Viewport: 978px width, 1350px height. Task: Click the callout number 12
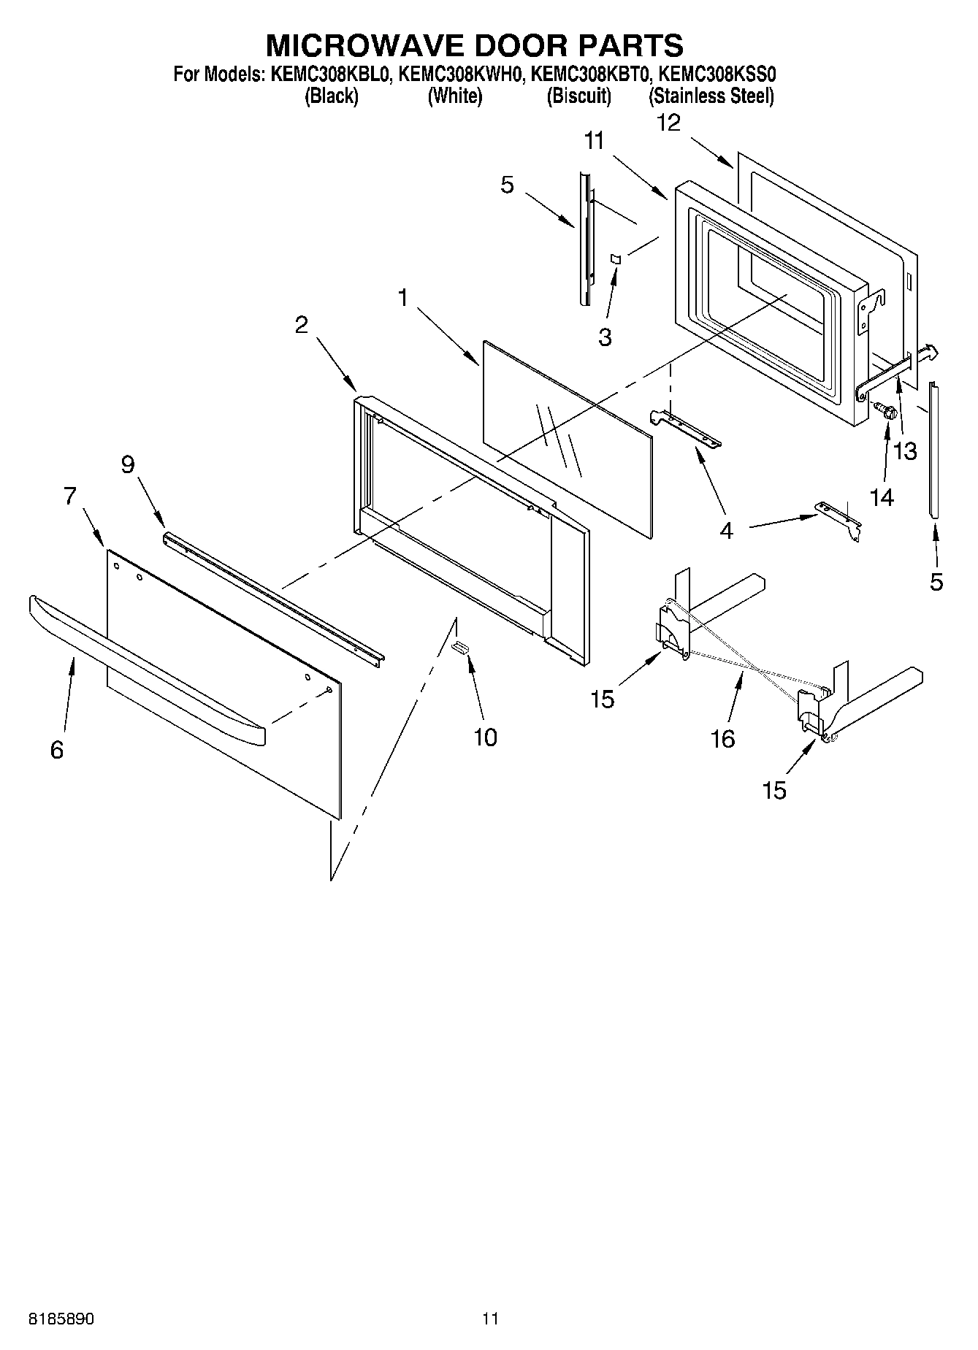pyautogui.click(x=668, y=123)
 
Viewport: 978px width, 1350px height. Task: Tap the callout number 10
pyautogui.click(x=485, y=737)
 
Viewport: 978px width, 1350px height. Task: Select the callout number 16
pyautogui.click(x=722, y=740)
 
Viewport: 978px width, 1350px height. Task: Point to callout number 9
pyautogui.click(x=128, y=464)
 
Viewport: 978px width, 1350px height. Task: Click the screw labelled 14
pyautogui.click(x=888, y=413)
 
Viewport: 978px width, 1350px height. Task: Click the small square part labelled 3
pyautogui.click(x=615, y=258)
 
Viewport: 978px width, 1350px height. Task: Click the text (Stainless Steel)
pyautogui.click(x=711, y=96)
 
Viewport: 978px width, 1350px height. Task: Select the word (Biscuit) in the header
pyautogui.click(x=578, y=96)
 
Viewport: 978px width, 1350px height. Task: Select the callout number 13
pyautogui.click(x=905, y=451)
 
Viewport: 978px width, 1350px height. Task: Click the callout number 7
pyautogui.click(x=69, y=496)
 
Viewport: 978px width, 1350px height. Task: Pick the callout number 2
pyautogui.click(x=302, y=325)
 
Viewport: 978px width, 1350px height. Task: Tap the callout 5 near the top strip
pyautogui.click(x=507, y=185)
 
